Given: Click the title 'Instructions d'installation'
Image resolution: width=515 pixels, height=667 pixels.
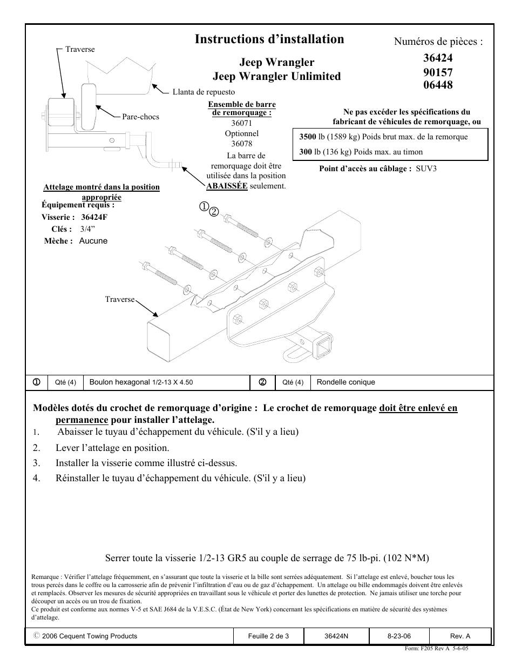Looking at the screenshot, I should tap(269, 39).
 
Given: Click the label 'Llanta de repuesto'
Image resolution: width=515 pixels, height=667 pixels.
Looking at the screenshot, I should tap(204, 92).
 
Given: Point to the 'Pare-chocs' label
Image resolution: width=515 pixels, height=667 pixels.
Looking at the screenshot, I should tap(140, 117).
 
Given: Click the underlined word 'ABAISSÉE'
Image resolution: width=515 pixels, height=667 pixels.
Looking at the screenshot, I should tap(227, 186).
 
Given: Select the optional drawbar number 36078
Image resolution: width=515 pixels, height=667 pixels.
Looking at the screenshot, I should tap(242, 144).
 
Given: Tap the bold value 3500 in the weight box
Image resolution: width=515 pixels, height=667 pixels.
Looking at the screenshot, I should tap(308, 137).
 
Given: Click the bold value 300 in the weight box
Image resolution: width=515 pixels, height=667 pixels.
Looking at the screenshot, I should tap(306, 152).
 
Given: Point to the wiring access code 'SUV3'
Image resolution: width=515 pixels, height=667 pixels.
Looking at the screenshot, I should tap(426, 169).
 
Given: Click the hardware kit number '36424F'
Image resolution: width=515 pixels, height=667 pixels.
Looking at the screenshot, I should tap(94, 217).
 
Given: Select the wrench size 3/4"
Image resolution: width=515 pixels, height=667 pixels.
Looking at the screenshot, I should tap(87, 229).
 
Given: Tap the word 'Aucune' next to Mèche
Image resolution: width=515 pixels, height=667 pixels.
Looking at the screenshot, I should tap(93, 241).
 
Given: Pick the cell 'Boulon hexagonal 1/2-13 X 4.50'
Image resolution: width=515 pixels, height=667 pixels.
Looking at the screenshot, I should tap(141, 382).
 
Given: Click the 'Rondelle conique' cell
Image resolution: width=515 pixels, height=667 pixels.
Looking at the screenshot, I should tap(345, 382).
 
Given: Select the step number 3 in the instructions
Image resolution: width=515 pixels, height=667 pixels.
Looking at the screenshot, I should tap(37, 463).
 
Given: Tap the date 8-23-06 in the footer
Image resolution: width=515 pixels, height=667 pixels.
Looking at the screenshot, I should tap(399, 636).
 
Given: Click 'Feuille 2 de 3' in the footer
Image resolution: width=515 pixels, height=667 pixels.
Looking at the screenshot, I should tap(268, 636).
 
